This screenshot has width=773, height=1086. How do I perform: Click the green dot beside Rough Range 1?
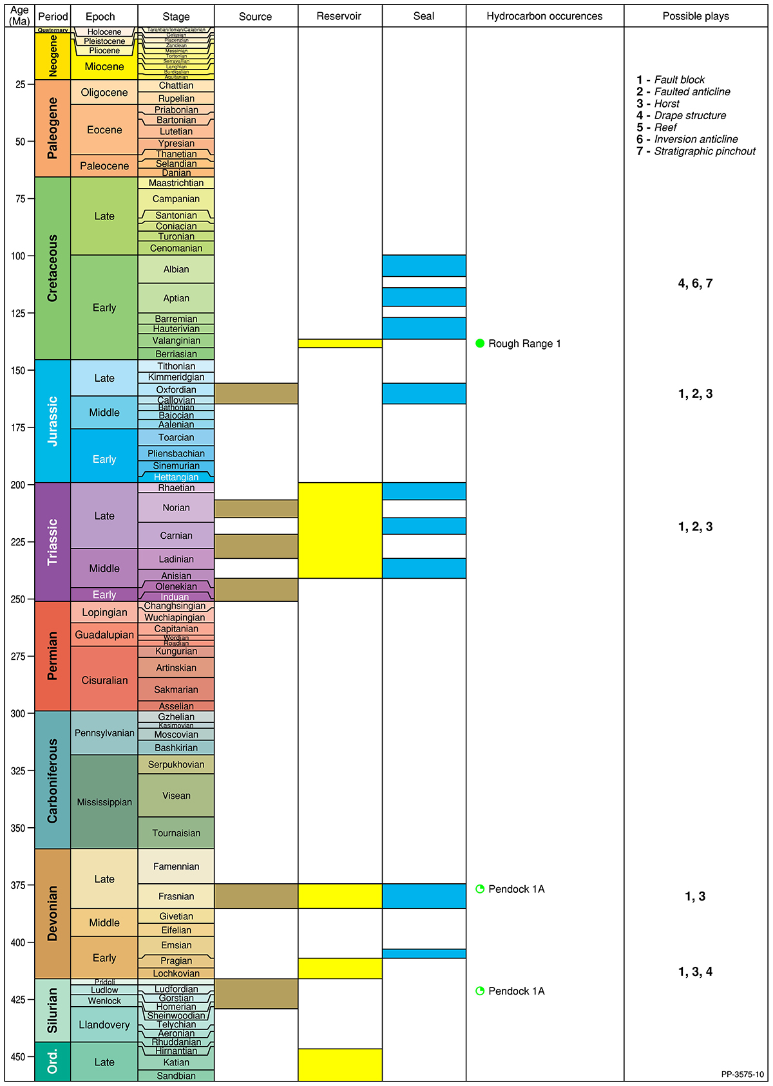point(480,344)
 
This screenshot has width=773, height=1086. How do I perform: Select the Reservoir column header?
point(339,17)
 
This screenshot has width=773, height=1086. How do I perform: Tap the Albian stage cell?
point(176,269)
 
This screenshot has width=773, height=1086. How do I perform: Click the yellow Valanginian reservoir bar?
point(339,343)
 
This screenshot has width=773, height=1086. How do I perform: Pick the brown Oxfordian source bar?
point(256,393)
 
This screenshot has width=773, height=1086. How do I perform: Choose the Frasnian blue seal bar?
point(424,896)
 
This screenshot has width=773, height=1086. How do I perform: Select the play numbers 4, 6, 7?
point(695,283)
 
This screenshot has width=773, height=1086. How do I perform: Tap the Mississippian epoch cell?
point(104,802)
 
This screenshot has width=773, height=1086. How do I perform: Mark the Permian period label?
point(52,655)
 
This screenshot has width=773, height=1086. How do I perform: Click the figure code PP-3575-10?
point(742,1074)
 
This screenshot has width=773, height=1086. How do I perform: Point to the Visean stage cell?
point(176,796)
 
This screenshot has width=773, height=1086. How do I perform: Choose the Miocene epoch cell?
point(104,67)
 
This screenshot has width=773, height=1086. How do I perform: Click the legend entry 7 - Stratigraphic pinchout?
point(696,151)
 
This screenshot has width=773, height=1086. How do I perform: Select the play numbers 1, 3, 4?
point(695,972)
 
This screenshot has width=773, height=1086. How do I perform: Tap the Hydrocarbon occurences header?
point(544,17)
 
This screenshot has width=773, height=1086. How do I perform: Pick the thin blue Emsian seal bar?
point(424,953)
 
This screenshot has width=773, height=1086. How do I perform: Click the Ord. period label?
point(52,1062)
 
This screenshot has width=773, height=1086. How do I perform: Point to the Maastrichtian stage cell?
point(176,183)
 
